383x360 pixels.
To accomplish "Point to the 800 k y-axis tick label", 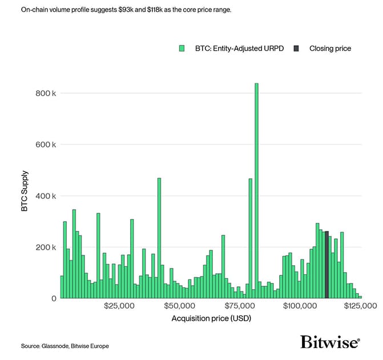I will tap(46, 93).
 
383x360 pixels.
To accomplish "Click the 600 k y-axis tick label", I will tap(46, 145).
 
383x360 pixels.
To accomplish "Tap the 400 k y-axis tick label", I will tap(46, 196).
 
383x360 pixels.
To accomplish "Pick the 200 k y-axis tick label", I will tap(46, 247).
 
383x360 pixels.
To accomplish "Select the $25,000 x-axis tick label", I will tap(119, 306).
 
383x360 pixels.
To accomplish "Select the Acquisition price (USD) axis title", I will tap(211, 318).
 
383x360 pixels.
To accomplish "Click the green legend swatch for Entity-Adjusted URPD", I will tap(182, 49).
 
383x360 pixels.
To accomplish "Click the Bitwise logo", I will tap(330, 342).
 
